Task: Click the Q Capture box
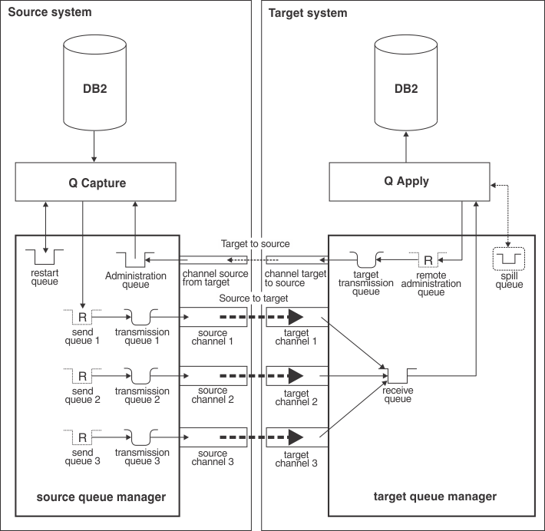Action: point(94,183)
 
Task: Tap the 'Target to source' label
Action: point(255,243)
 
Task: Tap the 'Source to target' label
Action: point(255,297)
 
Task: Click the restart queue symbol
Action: point(45,254)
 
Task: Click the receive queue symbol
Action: point(398,375)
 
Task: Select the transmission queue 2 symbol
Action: point(142,376)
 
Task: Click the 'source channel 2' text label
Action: point(213,394)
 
